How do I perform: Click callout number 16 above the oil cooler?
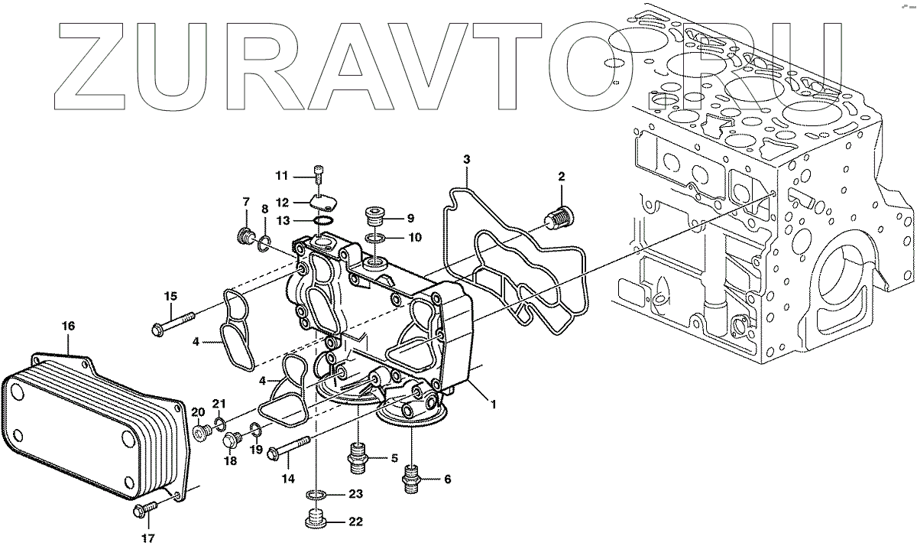[68, 326]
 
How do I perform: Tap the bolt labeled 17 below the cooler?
[143, 507]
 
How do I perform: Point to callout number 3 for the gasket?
[466, 159]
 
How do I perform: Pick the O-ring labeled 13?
[323, 222]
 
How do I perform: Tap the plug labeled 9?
[375, 214]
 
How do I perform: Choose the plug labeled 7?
[247, 236]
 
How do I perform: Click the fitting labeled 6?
[412, 477]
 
